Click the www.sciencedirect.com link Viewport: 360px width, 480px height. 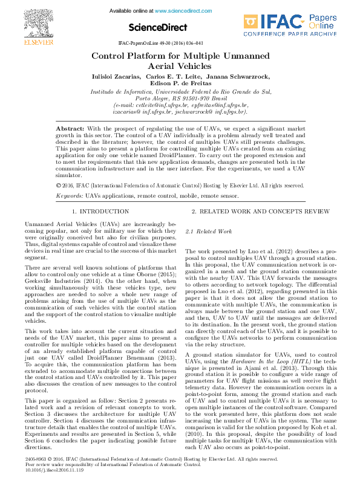(185, 11)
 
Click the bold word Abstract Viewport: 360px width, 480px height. (70, 129)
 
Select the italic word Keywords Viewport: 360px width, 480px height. (69, 196)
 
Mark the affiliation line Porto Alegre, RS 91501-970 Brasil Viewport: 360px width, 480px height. (181, 98)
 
